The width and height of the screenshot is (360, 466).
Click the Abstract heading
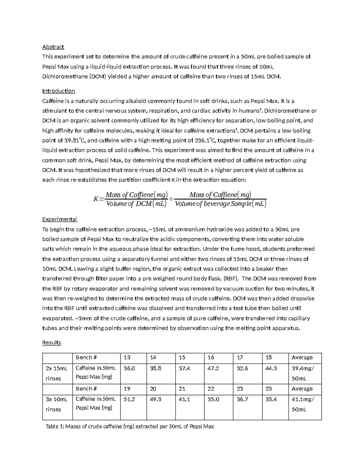click(x=53, y=47)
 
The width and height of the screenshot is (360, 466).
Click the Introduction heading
click(x=58, y=91)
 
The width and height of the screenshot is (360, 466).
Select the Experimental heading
click(x=59, y=219)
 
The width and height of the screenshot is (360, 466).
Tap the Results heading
click(x=52, y=343)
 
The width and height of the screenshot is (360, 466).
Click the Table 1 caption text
click(x=130, y=426)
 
